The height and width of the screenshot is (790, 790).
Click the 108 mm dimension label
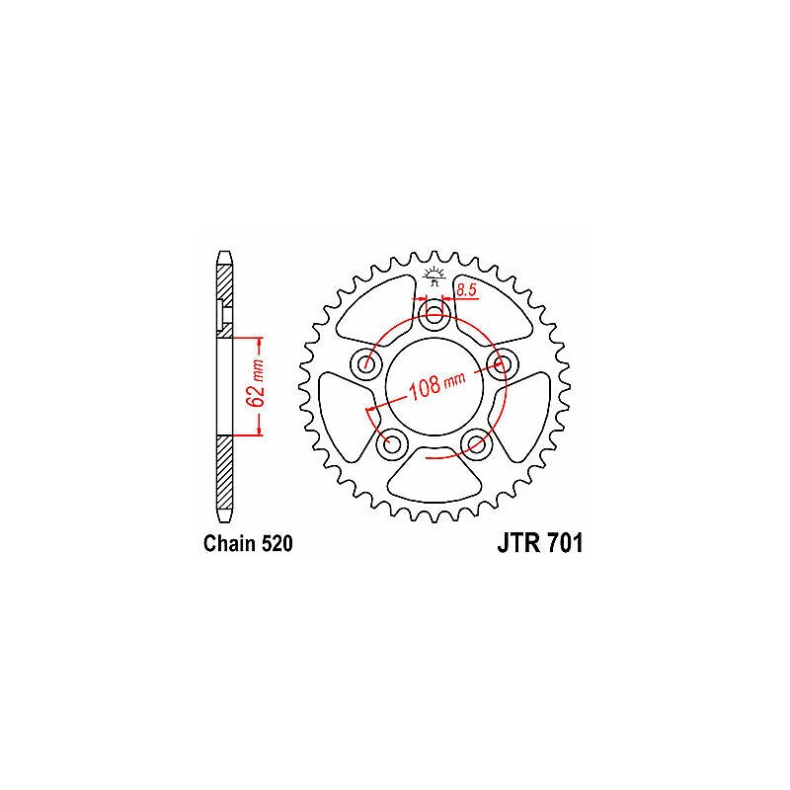pos(436,385)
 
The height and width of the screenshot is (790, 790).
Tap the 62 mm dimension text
pos(257,383)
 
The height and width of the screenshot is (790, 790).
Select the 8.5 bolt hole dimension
pos(466,289)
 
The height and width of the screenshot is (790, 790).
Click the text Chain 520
pos(248,544)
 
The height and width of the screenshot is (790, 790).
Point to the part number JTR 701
pos(540,543)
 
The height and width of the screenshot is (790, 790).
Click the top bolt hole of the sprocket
pos(434,317)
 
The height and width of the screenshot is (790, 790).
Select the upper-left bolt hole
pos(366,362)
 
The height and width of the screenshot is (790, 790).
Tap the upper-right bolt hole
pos(501,362)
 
